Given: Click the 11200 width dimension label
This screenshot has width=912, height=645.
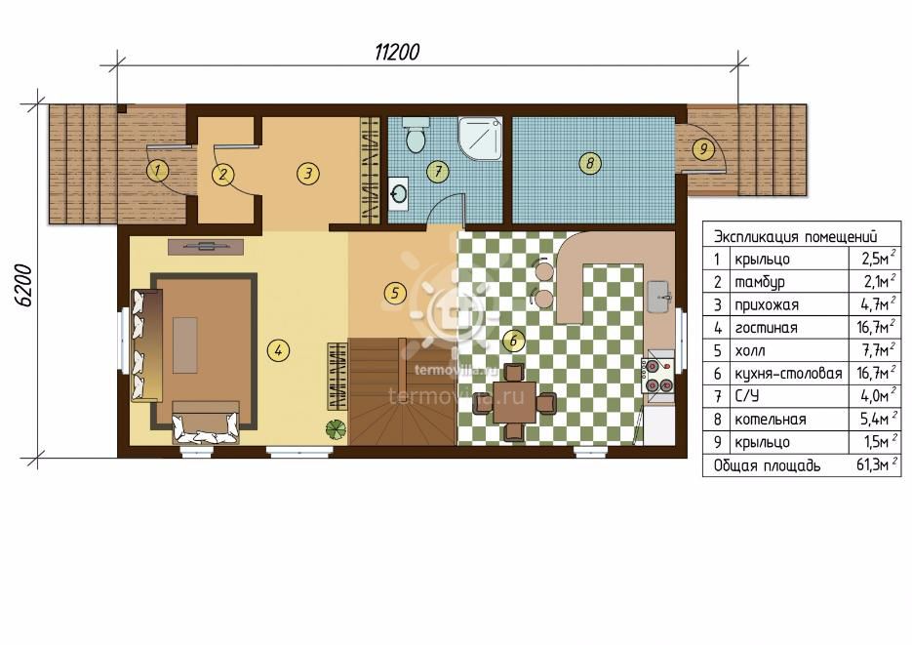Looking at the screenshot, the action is (396, 53).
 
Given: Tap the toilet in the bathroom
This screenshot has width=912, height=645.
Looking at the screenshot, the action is (416, 135).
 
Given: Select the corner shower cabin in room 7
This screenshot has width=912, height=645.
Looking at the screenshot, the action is (480, 138).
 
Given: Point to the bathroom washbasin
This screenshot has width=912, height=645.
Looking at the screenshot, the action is (398, 193).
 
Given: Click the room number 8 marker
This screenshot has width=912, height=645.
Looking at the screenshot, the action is (590, 162).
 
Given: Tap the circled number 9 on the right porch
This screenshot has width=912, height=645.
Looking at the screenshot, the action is (703, 149).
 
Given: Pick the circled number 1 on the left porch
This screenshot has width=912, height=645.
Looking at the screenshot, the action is (157, 171).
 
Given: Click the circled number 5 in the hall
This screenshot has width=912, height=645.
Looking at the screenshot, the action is (395, 293).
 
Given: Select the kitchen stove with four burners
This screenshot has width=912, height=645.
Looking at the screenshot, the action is (657, 376).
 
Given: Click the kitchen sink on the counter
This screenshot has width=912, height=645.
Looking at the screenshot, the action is (660, 297).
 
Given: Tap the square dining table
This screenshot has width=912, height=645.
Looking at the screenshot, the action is (515, 402).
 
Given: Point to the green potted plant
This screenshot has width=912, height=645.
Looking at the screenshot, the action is (337, 429).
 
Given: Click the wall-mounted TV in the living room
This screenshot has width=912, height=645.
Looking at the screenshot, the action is (205, 247).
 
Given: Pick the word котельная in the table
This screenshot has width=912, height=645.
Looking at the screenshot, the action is (771, 420).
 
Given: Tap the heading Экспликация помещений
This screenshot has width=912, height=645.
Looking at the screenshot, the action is (795, 237).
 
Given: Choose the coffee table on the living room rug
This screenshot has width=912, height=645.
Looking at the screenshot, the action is (185, 344).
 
